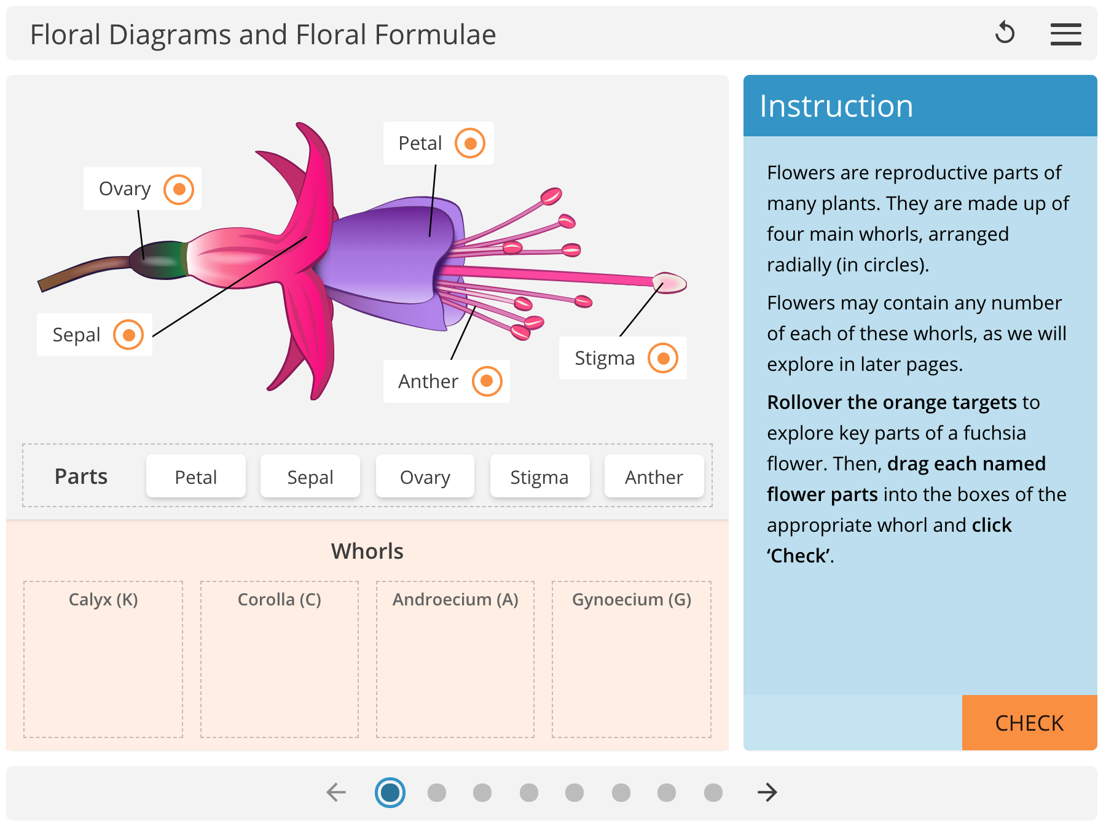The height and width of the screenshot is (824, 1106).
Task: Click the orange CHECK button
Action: pos(1029,723)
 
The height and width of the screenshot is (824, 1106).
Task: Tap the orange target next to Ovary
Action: pos(179,189)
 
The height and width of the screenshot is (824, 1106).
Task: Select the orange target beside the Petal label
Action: pos(470,143)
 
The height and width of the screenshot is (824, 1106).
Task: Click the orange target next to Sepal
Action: pos(128,335)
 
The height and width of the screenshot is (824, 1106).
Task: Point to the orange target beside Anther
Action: pos(487,381)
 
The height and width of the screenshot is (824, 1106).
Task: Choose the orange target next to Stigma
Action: pos(663,358)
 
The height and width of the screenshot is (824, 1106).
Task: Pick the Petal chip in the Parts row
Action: pos(196,476)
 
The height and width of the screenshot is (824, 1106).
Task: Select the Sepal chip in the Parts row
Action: pos(310,476)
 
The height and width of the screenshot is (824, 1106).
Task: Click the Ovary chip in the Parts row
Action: pos(425,476)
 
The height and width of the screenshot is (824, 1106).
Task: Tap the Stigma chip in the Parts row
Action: pos(539,476)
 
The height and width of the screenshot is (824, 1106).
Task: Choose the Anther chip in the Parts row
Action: pos(654,476)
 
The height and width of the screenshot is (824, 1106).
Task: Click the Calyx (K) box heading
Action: pos(103,599)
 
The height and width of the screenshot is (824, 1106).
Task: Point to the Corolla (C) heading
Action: pos(280,599)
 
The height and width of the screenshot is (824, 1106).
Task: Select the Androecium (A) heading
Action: pos(455,599)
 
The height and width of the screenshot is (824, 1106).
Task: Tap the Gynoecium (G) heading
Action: pos(632,599)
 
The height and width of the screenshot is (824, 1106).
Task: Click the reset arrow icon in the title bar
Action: pos(1005,33)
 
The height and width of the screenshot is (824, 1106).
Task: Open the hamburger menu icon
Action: pos(1065,34)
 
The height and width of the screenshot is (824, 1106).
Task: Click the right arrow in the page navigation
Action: pos(767,792)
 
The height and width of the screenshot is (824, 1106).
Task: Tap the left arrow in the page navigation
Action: pos(336,792)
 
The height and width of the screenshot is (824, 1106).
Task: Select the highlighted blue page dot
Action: pos(390,792)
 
